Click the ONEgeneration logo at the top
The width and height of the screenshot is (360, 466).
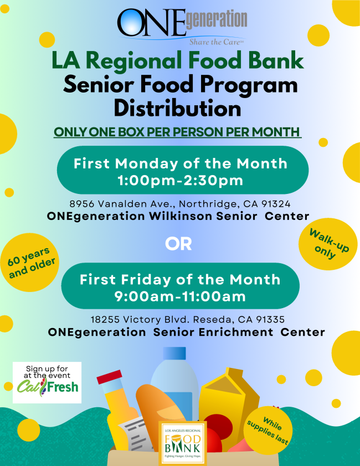tap(182, 27)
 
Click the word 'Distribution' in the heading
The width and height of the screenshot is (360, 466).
tap(178, 109)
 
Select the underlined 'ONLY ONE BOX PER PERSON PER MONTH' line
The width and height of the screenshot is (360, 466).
tap(178, 132)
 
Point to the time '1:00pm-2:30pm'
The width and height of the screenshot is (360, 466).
tap(181, 181)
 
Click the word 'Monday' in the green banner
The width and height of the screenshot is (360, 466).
tap(146, 164)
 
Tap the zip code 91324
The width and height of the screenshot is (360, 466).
tap(276, 204)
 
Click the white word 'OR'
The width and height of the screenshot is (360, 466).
tap(178, 244)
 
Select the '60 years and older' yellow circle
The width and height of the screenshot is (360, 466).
tap(30, 263)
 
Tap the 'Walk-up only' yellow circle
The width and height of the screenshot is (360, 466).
tap(328, 244)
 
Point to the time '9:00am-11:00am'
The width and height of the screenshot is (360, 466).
tap(180, 296)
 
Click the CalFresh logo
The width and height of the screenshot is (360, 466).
tap(47, 382)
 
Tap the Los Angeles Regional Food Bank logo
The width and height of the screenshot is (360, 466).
tap(183, 443)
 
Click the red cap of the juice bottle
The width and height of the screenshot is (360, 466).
tap(109, 377)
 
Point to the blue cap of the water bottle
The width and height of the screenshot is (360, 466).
tap(174, 354)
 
